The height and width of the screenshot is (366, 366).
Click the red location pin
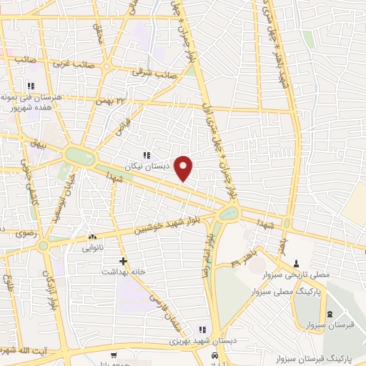(x=184, y=167)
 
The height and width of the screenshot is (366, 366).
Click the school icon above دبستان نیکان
(x=147, y=155)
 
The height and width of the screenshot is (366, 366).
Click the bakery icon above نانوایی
(x=92, y=237)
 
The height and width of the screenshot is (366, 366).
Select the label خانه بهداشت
(x=123, y=272)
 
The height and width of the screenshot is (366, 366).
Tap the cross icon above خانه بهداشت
(x=123, y=262)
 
